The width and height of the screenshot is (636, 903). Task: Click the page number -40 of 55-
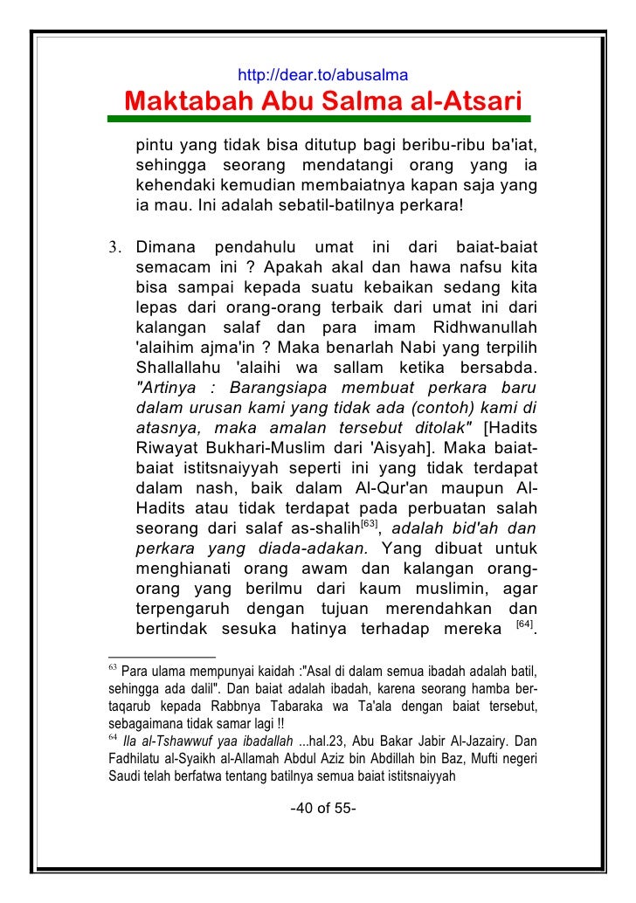click(321, 808)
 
